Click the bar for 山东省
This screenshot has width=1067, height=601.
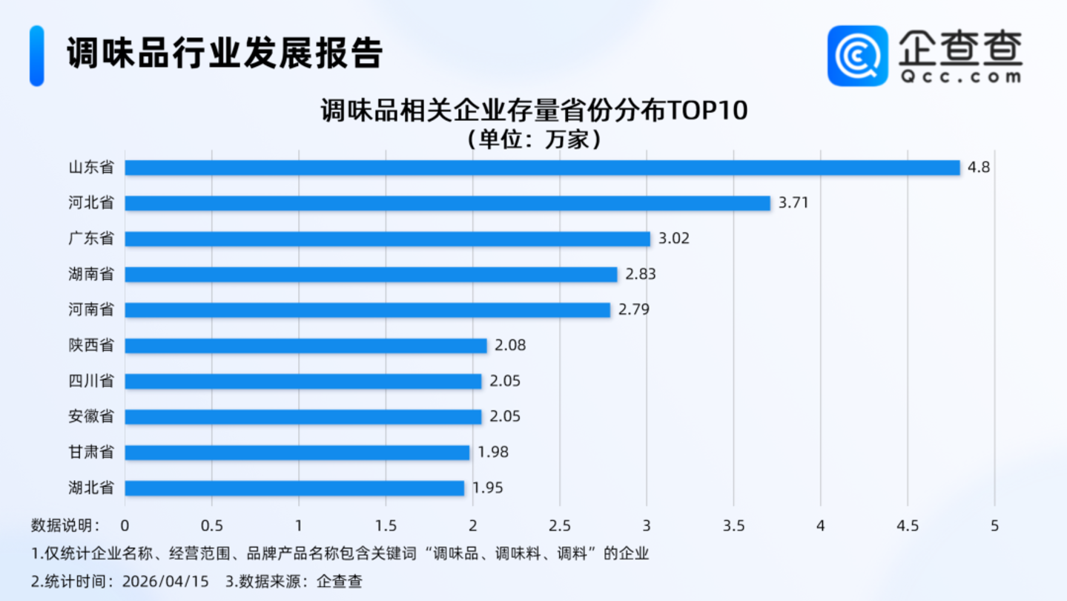pyautogui.click(x=542, y=168)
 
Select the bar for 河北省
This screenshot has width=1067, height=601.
pyautogui.click(x=447, y=203)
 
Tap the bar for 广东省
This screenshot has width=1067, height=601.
pyautogui.click(x=387, y=239)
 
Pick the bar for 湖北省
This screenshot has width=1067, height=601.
pyautogui.click(x=294, y=488)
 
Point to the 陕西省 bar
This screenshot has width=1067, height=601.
pyautogui.click(x=305, y=346)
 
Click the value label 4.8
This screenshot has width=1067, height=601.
pyautogui.click(x=979, y=168)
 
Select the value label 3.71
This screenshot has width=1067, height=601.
pyautogui.click(x=793, y=203)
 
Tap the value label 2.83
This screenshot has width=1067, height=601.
pyautogui.click(x=641, y=275)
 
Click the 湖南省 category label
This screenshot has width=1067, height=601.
pyautogui.click(x=91, y=275)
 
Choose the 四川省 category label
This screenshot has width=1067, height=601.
pyautogui.click(x=91, y=381)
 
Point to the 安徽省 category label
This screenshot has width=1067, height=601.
pyautogui.click(x=91, y=417)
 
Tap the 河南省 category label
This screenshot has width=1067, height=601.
pyautogui.click(x=91, y=310)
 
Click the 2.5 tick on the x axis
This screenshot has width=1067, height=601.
pyautogui.click(x=560, y=525)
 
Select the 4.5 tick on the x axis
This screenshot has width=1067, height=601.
pyautogui.click(x=908, y=525)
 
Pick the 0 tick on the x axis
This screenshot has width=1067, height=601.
pyautogui.click(x=125, y=525)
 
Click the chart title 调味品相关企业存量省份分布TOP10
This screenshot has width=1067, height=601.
pyautogui.click(x=534, y=111)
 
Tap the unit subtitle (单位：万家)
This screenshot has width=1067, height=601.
pyautogui.click(x=534, y=139)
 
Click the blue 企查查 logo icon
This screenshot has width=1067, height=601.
pyautogui.click(x=858, y=56)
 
